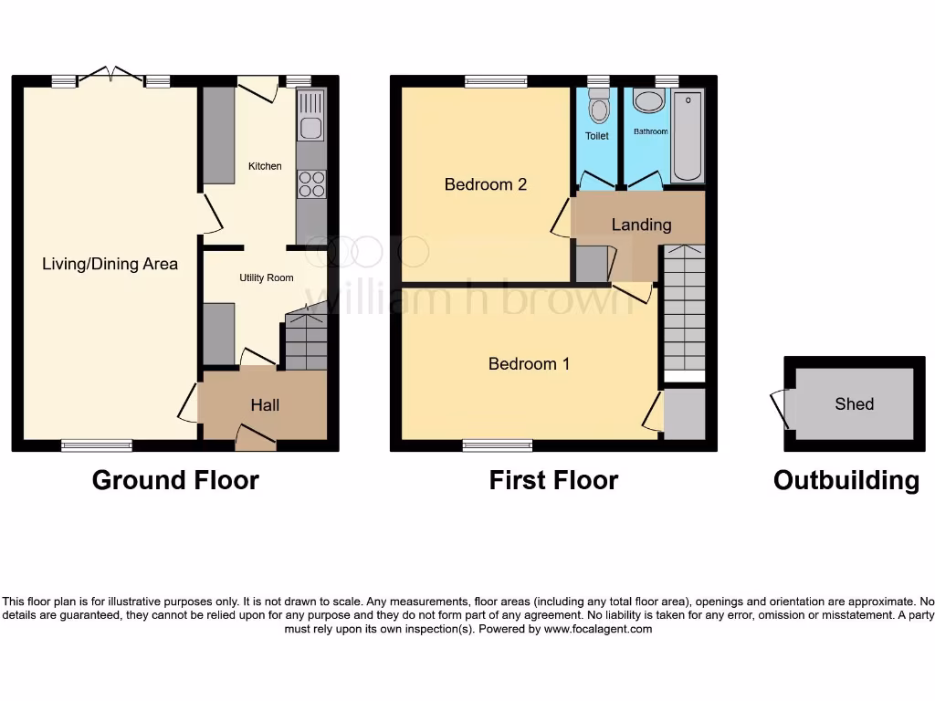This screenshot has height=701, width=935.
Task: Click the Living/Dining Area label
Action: click(x=110, y=264)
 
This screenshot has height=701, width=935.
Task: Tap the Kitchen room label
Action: click(x=266, y=166)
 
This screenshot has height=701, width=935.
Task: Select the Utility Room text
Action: click(x=267, y=277)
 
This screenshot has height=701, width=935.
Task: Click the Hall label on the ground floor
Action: click(x=265, y=405)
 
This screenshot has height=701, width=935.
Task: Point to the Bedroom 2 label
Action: click(x=486, y=184)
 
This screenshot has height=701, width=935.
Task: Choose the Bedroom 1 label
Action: click(x=529, y=364)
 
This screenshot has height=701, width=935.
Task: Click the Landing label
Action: click(x=641, y=225)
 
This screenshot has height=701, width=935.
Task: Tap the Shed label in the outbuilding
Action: click(x=854, y=403)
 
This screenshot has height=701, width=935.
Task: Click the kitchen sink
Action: click(x=311, y=127)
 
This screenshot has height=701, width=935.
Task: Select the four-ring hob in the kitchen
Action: click(x=311, y=184)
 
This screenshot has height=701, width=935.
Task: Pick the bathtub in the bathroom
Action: click(x=688, y=137)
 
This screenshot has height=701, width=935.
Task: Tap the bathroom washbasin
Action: click(x=649, y=101)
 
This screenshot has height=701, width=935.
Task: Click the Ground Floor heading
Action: click(x=175, y=480)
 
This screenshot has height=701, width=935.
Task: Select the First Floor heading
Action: click(x=553, y=480)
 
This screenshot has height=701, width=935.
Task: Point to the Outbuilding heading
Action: click(x=846, y=480)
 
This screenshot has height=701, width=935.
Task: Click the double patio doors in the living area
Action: click(x=110, y=77)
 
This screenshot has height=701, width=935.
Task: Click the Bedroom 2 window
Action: click(x=496, y=81)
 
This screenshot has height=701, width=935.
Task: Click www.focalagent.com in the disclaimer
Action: click(x=598, y=629)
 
